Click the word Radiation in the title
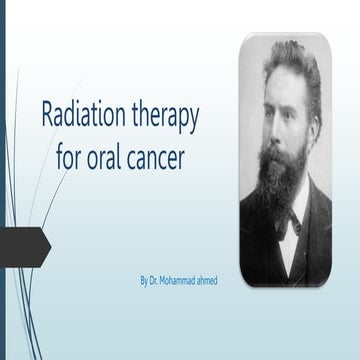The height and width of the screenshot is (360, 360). click(x=83, y=115)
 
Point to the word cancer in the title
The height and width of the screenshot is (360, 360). click(x=163, y=158)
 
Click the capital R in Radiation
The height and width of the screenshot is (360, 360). click(x=48, y=115)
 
